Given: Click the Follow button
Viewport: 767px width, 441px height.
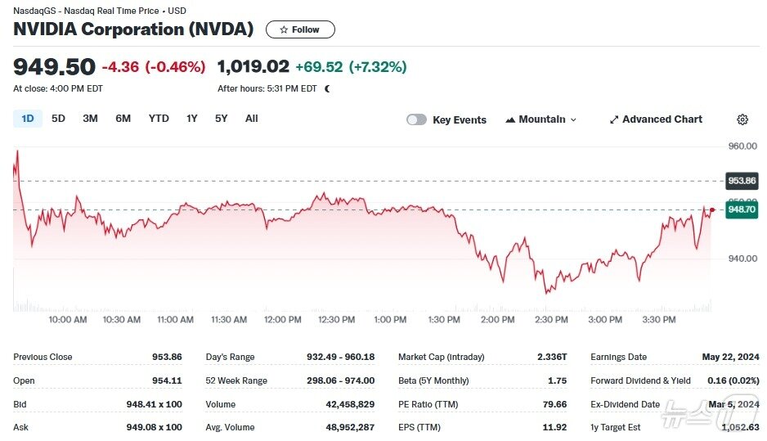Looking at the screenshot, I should pyautogui.click(x=300, y=29).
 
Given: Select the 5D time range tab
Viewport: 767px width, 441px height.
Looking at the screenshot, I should pyautogui.click(x=58, y=119).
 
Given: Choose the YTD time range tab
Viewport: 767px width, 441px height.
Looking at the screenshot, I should pyautogui.click(x=159, y=119).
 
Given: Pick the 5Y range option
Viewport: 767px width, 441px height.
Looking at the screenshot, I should pyautogui.click(x=222, y=119).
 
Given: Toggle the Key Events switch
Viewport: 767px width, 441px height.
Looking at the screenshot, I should pyautogui.click(x=417, y=119).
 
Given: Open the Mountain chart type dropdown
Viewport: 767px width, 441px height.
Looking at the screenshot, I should pyautogui.click(x=540, y=119).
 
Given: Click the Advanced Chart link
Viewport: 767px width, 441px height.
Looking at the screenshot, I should pyautogui.click(x=655, y=119).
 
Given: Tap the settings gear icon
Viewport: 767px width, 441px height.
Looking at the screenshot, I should pyautogui.click(x=742, y=119).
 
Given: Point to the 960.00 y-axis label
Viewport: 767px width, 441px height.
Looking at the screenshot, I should pyautogui.click(x=742, y=146).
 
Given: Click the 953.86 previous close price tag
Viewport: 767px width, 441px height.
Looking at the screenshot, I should pyautogui.click(x=742, y=181).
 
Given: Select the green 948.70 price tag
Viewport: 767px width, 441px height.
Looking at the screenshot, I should pyautogui.click(x=742, y=209).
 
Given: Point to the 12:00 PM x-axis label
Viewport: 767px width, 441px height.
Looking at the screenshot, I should pyautogui.click(x=283, y=320).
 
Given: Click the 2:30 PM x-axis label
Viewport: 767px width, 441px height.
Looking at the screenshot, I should pyautogui.click(x=551, y=320).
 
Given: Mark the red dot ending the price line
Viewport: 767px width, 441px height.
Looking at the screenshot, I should pyautogui.click(x=712, y=210).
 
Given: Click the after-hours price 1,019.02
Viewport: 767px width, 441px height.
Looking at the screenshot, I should pyautogui.click(x=253, y=66).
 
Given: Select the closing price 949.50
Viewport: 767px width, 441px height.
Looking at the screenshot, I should pyautogui.click(x=54, y=66).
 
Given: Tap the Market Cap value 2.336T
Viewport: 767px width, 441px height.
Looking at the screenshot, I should pyautogui.click(x=553, y=357).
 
